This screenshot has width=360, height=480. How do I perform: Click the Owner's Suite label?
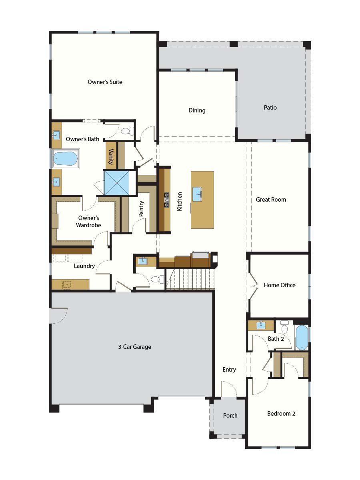pos(105,82)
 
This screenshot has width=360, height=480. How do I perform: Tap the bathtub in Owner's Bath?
pos(65,159)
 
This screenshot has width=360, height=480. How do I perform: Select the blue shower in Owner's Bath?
pos(117,182)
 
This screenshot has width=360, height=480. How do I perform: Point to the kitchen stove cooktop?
pos(166,200)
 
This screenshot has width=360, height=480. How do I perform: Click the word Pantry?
pos(141,209)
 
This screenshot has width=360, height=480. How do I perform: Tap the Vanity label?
pos(111,157)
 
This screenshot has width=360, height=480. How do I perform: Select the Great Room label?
pos(271,200)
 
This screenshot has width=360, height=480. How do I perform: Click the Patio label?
pos(270,108)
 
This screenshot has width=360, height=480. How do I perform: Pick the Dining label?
pos(197,110)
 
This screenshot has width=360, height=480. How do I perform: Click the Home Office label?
pos(280,285)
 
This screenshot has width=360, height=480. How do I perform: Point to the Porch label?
pos(230,416)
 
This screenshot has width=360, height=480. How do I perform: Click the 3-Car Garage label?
pos(134,347)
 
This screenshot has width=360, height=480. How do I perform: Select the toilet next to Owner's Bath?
pos(127,131)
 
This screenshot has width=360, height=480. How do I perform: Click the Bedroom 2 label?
pos(281,414)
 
